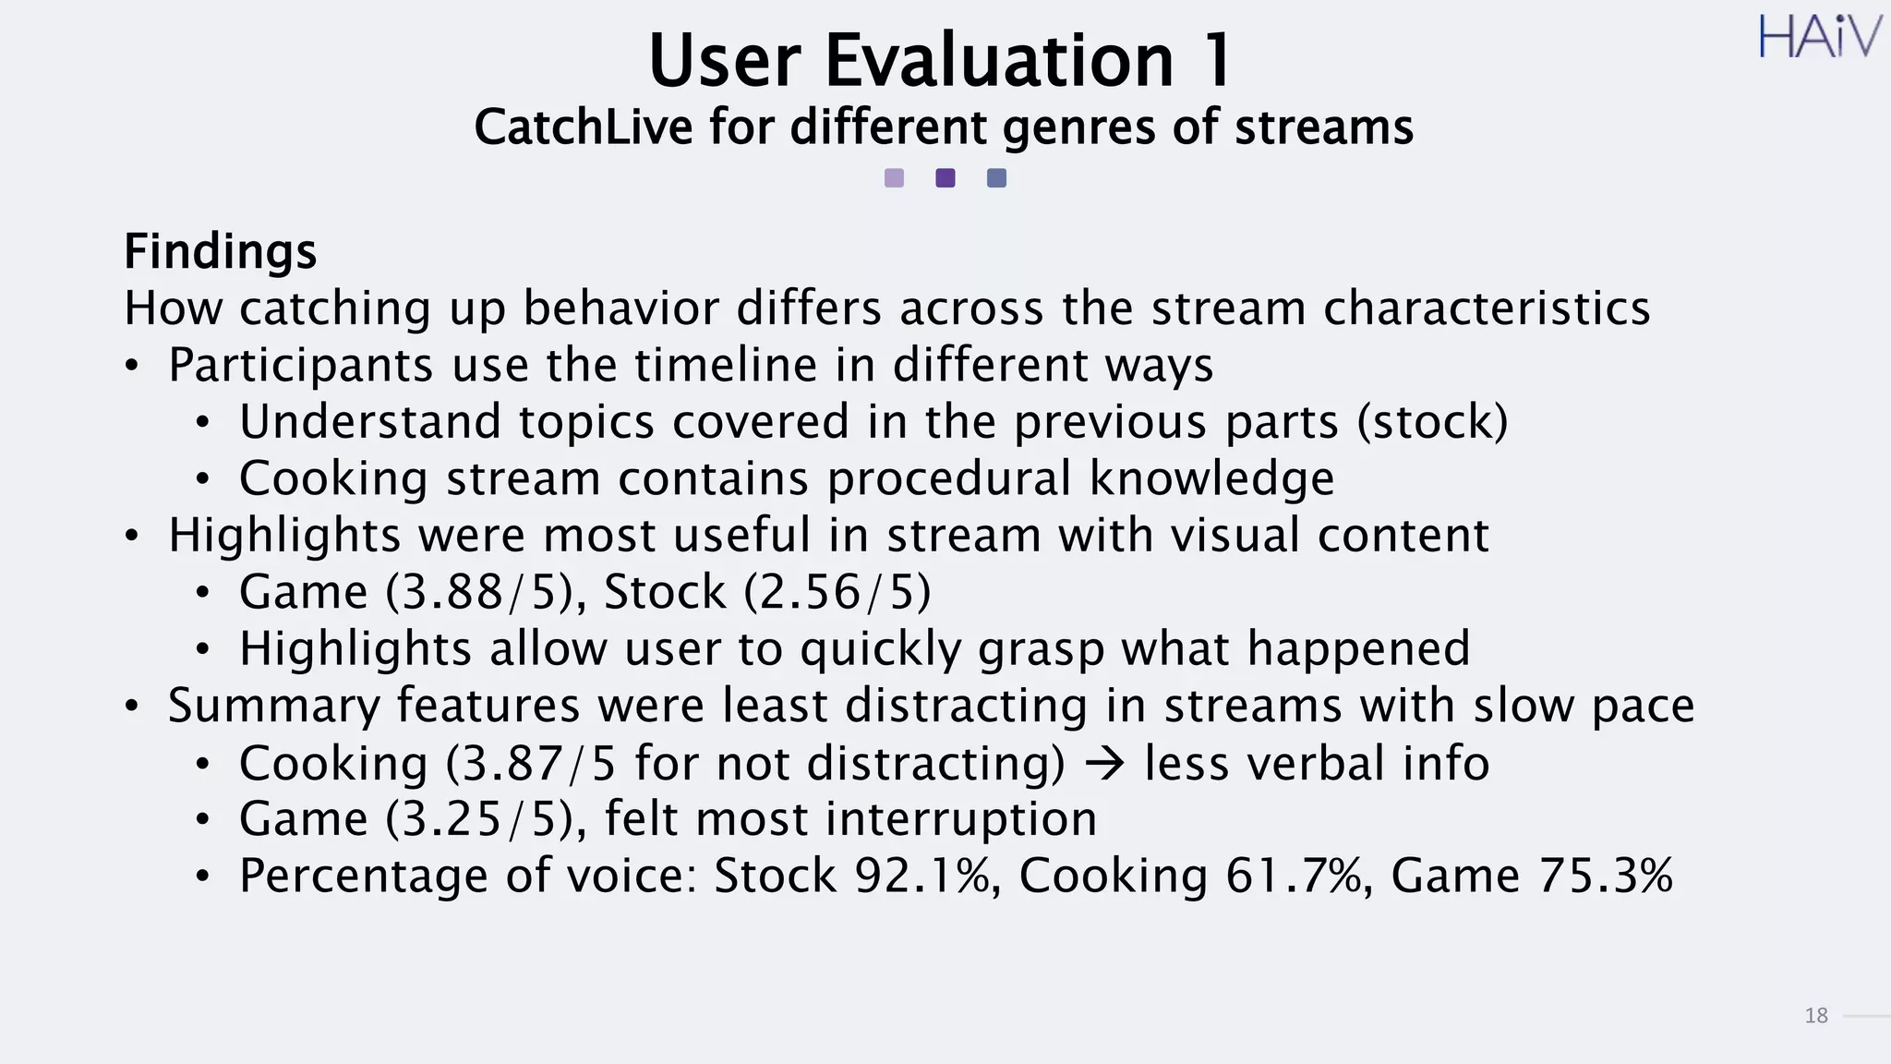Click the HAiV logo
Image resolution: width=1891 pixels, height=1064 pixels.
(1818, 38)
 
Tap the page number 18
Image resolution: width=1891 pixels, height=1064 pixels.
(1815, 1016)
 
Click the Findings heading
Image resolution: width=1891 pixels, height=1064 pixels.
(220, 251)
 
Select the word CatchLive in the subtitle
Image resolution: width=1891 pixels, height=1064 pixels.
(583, 127)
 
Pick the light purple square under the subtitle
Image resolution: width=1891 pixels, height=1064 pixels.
(894, 178)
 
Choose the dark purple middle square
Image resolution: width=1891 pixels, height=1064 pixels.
(945, 178)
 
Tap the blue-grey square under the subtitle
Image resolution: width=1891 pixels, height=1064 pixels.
(996, 178)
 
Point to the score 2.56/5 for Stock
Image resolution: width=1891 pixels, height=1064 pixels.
(837, 592)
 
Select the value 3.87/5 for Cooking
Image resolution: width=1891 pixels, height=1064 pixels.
(539, 764)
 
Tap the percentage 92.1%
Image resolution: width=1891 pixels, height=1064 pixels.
(922, 877)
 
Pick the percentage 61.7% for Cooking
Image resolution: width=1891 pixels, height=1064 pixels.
(1294, 877)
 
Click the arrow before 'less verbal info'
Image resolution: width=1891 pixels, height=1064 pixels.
(1104, 764)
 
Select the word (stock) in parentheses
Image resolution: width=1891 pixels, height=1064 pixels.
(1432, 422)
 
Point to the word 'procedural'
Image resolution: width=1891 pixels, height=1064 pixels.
(948, 478)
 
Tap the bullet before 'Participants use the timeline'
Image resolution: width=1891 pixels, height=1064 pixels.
(133, 366)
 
